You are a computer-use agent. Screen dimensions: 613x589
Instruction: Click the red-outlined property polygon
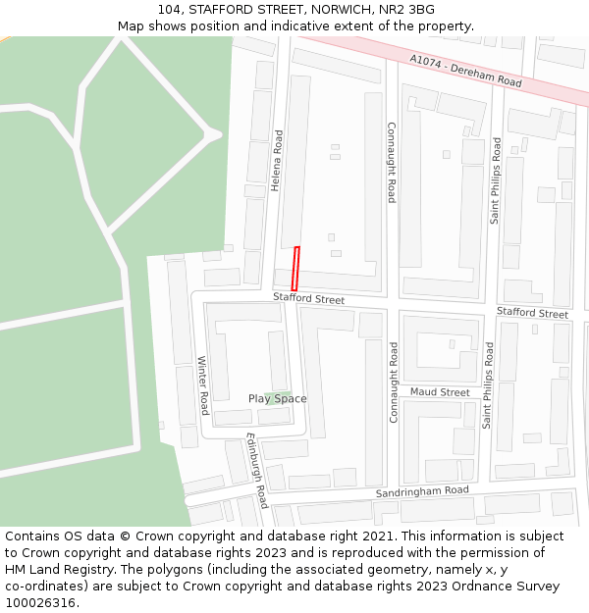(x=294, y=268)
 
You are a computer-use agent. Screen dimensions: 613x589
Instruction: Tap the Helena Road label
(x=277, y=160)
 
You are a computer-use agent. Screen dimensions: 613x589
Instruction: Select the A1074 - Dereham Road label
(x=465, y=72)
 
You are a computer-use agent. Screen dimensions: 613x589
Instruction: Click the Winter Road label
(x=204, y=384)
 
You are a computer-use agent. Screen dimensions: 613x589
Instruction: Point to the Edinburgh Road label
(x=257, y=470)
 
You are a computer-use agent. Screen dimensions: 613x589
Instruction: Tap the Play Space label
(x=277, y=398)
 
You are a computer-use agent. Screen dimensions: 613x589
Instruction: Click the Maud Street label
(x=440, y=392)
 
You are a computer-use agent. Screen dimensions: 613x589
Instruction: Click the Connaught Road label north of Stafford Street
(x=392, y=162)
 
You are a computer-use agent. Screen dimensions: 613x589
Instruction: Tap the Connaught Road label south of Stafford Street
(x=394, y=382)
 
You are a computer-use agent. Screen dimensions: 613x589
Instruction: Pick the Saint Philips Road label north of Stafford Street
(x=496, y=180)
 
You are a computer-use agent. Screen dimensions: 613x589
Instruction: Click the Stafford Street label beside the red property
(x=308, y=298)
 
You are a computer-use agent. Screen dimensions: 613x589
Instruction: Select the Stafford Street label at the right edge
(x=532, y=313)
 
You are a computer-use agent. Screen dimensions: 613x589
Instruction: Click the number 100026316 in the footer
(x=40, y=602)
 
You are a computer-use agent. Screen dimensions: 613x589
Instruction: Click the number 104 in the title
(x=169, y=9)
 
